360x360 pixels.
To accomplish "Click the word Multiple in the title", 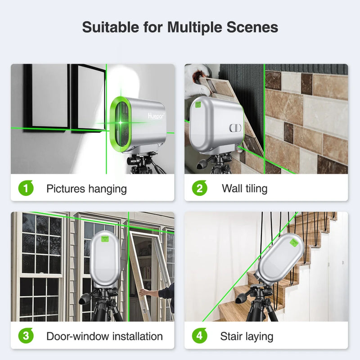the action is click(195, 27).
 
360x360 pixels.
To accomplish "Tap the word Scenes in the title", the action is click(252, 27).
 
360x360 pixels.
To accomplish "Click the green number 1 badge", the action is click(26, 188).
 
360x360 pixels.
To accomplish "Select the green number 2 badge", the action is click(199, 188).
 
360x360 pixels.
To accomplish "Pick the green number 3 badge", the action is click(26, 336).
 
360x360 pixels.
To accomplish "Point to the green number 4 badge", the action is click(199, 336).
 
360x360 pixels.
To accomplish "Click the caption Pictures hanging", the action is click(86, 189).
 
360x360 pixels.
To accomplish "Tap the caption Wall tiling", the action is click(244, 189).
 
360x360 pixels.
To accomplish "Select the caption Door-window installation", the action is click(105, 336).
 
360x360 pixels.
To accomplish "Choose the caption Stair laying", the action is click(247, 337).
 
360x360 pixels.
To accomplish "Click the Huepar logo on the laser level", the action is click(156, 116).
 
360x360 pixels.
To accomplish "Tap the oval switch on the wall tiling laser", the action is click(235, 128).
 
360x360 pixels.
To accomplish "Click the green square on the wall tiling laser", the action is click(198, 105).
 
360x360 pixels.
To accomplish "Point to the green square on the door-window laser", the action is click(105, 239).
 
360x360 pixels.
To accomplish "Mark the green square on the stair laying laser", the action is click(294, 243).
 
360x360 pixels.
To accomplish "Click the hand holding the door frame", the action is click(144, 293).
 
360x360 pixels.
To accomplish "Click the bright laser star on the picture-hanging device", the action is click(121, 123).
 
